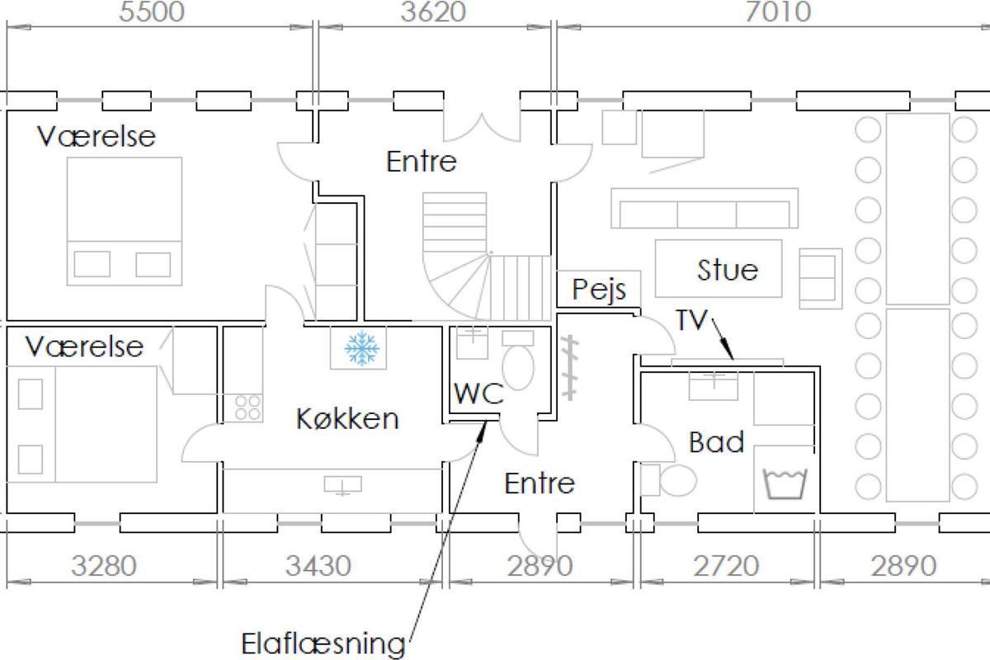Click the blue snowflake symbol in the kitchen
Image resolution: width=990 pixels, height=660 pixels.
pos(361,348)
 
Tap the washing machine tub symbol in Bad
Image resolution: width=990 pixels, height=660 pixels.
pos(785,484)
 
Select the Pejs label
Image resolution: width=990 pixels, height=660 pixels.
pos(599,290)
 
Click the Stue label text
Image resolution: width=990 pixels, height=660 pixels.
pos(728,270)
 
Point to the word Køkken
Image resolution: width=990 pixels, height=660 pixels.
pos(347,418)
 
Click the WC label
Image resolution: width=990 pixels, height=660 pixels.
pos(478,393)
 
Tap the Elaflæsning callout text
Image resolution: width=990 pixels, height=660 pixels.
pos(323,643)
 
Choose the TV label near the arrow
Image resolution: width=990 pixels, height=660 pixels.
pos(691,319)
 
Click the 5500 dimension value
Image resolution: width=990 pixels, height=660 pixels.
pos(152,12)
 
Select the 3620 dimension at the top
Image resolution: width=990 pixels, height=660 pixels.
pos(433,12)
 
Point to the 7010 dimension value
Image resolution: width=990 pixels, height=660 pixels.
pos(778,12)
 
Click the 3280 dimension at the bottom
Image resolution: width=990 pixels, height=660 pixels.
pos(104,565)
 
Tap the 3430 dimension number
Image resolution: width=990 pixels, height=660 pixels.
pos(318,565)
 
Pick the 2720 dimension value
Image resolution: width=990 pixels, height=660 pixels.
pos(726,565)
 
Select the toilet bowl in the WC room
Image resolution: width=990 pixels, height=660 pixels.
pos(518,368)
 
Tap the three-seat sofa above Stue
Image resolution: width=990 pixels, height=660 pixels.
pos(705,208)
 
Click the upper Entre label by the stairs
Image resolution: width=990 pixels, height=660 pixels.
pos(422,162)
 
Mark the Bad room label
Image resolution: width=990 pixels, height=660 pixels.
pos(716,441)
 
